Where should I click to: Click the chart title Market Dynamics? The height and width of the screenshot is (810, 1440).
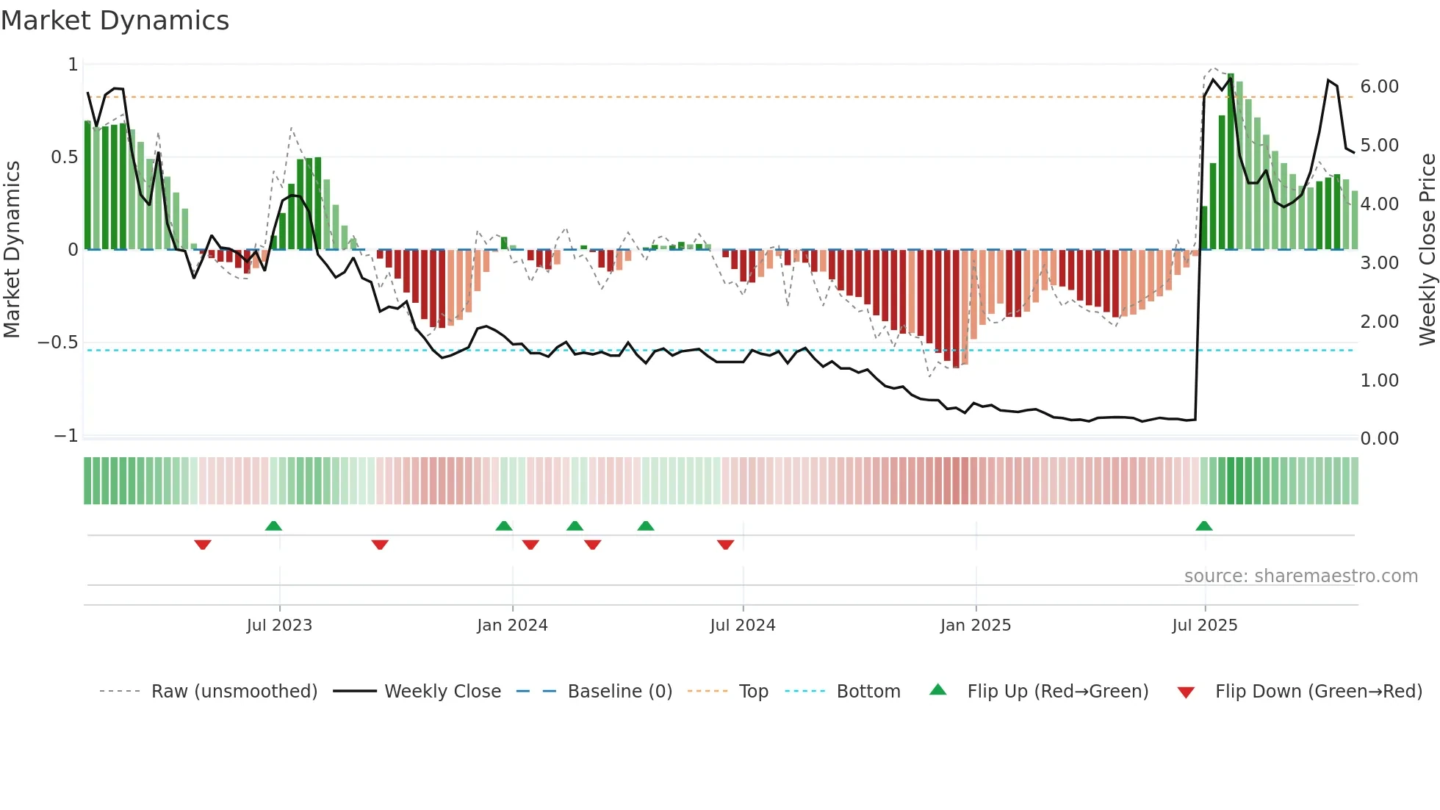[x=115, y=21]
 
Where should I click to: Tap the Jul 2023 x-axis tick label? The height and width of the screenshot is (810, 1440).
[x=279, y=625]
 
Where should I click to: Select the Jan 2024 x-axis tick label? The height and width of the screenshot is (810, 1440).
[x=512, y=625]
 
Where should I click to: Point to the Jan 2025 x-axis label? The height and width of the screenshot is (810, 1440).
[x=975, y=625]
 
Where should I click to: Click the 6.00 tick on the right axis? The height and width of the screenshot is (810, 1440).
[x=1379, y=86]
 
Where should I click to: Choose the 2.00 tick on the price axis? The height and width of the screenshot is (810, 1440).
[x=1379, y=321]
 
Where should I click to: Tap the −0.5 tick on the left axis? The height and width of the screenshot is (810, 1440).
[x=57, y=343]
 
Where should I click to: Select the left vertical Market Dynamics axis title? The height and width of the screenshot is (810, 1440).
[x=12, y=250]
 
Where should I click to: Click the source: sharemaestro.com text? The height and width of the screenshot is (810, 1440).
[x=1300, y=576]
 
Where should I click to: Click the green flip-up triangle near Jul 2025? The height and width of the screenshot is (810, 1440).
[x=1203, y=526]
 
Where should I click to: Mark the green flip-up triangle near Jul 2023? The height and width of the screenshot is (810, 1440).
[x=273, y=526]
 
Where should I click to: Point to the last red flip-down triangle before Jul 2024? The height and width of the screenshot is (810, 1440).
[x=725, y=545]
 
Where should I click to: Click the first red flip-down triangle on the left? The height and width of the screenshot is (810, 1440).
[x=203, y=545]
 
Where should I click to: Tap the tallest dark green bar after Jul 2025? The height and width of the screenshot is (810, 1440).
[x=1231, y=162]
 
